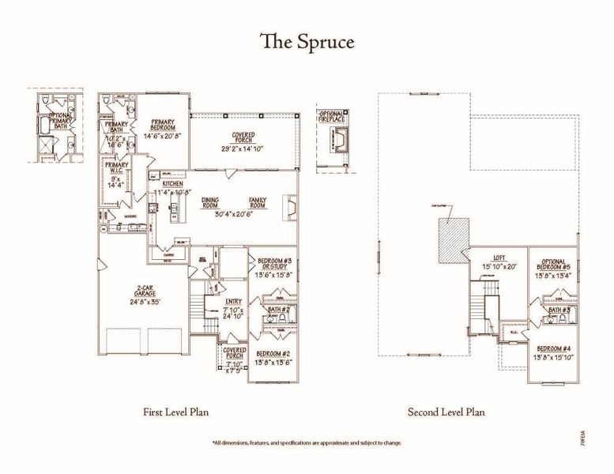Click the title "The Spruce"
[x=307, y=42]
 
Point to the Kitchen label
[x=173, y=184]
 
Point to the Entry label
[x=232, y=301]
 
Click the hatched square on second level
[x=454, y=235]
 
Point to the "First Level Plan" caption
[x=175, y=412]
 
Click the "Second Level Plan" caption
[x=446, y=412]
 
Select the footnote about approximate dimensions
[x=307, y=443]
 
